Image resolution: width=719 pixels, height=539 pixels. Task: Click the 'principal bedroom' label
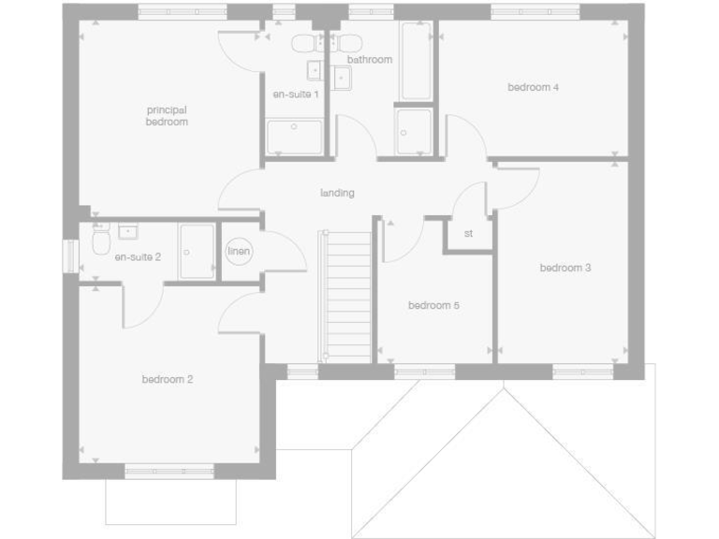click(167, 116)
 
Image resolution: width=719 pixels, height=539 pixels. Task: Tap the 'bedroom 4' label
click(533, 88)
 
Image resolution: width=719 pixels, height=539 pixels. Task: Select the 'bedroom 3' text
click(565, 269)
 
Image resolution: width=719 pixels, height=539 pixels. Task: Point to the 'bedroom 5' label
click(433, 306)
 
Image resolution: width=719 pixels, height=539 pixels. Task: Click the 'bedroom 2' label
click(168, 380)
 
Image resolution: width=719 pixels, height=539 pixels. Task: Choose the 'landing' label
click(337, 194)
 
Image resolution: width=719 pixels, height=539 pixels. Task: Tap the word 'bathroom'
click(369, 60)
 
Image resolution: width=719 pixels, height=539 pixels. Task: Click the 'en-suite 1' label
click(296, 95)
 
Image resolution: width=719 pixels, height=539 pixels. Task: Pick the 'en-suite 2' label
click(138, 256)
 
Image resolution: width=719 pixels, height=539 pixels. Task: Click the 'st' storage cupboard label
click(468, 234)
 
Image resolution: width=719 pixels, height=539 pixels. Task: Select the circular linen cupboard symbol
click(239, 252)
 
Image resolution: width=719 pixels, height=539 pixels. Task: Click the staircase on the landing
click(347, 296)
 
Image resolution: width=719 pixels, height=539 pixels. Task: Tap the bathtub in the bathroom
click(416, 61)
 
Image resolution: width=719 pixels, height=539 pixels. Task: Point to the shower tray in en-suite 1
click(294, 137)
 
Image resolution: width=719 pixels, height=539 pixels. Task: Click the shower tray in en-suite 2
click(198, 252)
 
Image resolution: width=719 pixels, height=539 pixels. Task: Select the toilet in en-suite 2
click(101, 244)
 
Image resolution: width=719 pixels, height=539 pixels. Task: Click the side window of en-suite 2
click(69, 256)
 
